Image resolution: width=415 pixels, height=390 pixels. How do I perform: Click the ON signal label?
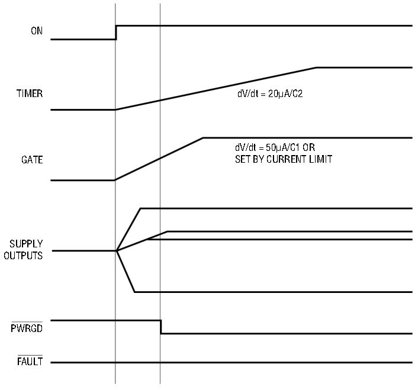(37, 31)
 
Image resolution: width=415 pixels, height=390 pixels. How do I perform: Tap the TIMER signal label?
(30, 94)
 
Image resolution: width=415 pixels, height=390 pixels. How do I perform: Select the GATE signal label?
(32, 160)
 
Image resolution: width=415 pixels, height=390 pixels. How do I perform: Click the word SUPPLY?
(26, 243)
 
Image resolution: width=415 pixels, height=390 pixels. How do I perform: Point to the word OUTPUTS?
(23, 255)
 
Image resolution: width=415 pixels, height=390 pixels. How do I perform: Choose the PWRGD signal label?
(27, 328)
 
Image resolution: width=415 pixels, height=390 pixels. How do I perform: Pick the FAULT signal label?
(30, 361)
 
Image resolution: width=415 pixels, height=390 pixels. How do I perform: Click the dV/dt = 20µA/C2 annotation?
(270, 94)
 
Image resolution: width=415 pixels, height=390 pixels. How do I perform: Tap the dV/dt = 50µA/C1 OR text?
(275, 147)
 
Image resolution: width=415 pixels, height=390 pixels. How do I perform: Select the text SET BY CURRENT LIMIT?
(284, 159)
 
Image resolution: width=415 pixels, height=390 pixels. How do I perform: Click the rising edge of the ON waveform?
(116, 33)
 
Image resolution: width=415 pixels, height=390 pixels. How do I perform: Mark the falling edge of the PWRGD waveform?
(160, 327)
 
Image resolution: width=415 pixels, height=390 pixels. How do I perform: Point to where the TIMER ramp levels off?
(316, 67)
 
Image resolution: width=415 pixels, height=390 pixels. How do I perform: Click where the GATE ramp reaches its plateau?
(203, 138)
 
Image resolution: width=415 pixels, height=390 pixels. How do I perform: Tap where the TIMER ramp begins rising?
(115, 109)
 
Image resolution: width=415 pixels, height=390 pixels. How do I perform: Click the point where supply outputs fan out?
(117, 250)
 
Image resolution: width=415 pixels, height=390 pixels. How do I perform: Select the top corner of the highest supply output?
(140, 209)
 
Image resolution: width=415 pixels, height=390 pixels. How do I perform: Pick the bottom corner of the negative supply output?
(135, 292)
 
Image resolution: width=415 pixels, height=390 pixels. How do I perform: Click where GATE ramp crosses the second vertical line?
(160, 158)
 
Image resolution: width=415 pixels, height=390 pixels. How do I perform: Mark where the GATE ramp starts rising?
(115, 180)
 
